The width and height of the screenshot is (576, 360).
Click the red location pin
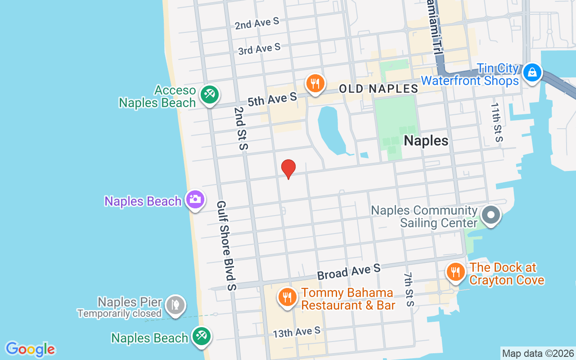[x=288, y=169]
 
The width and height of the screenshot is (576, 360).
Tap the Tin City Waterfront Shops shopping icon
[x=532, y=72]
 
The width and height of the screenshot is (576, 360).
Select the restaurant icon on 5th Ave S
[x=315, y=83]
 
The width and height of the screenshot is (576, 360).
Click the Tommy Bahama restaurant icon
[x=287, y=297]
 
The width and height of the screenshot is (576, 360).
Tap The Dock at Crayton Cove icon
[x=456, y=272]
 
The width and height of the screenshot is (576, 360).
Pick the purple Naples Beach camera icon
[x=195, y=199]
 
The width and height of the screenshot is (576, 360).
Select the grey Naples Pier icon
[x=175, y=305]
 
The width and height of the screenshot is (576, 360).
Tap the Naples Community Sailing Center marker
[x=490, y=215]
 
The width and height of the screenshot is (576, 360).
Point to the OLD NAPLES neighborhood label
[x=378, y=89]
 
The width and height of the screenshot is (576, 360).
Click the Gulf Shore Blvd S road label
[x=226, y=245]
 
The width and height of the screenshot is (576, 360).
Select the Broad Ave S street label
[x=349, y=271]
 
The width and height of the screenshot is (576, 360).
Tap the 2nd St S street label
[x=241, y=128]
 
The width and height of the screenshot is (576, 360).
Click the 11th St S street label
[x=496, y=122]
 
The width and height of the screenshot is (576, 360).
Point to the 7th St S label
[x=409, y=289]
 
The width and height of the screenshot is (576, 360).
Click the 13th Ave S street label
[x=297, y=332]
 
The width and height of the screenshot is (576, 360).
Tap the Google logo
[x=30, y=349]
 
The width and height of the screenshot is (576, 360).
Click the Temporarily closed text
[x=119, y=313]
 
